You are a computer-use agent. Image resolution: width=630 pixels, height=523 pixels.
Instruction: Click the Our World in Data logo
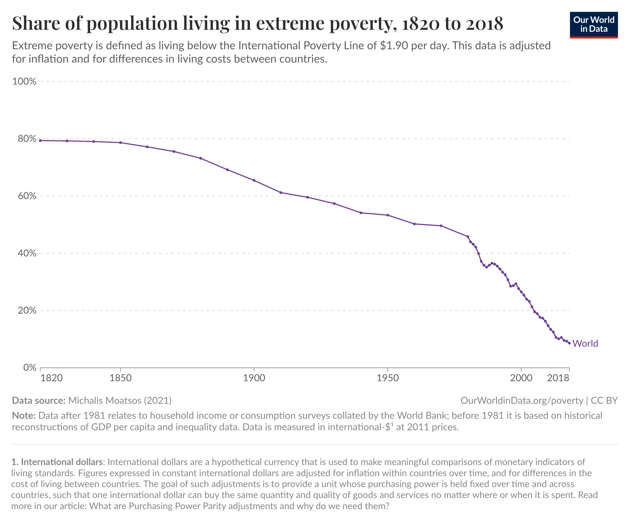tap(594, 25)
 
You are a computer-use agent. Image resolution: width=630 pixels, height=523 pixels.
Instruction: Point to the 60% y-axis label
tap(27, 196)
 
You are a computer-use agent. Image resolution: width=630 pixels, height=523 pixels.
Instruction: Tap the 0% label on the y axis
tap(30, 367)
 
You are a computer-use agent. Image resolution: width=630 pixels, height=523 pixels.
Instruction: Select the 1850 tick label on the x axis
tap(120, 378)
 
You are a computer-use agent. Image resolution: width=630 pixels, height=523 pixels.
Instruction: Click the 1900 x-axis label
tap(254, 378)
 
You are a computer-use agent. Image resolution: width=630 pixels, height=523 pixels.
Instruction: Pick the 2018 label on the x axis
tap(558, 378)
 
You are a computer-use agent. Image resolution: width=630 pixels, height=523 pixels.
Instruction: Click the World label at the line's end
tap(585, 344)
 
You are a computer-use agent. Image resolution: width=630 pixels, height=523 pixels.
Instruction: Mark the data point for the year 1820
tap(40, 141)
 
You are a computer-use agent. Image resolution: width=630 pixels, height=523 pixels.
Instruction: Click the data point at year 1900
tap(254, 180)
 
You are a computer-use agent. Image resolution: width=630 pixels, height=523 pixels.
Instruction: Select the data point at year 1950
tap(388, 215)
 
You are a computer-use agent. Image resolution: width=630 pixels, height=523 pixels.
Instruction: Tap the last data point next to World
tap(569, 343)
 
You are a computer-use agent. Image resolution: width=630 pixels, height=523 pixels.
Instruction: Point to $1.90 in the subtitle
tap(394, 46)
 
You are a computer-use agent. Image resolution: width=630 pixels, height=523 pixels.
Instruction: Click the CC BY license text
tap(604, 401)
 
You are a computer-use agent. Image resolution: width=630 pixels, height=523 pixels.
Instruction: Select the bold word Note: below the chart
tap(24, 416)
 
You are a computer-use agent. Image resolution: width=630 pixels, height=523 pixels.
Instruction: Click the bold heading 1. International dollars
tap(57, 462)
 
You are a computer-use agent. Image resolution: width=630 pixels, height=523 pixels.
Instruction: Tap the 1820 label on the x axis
tap(52, 378)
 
